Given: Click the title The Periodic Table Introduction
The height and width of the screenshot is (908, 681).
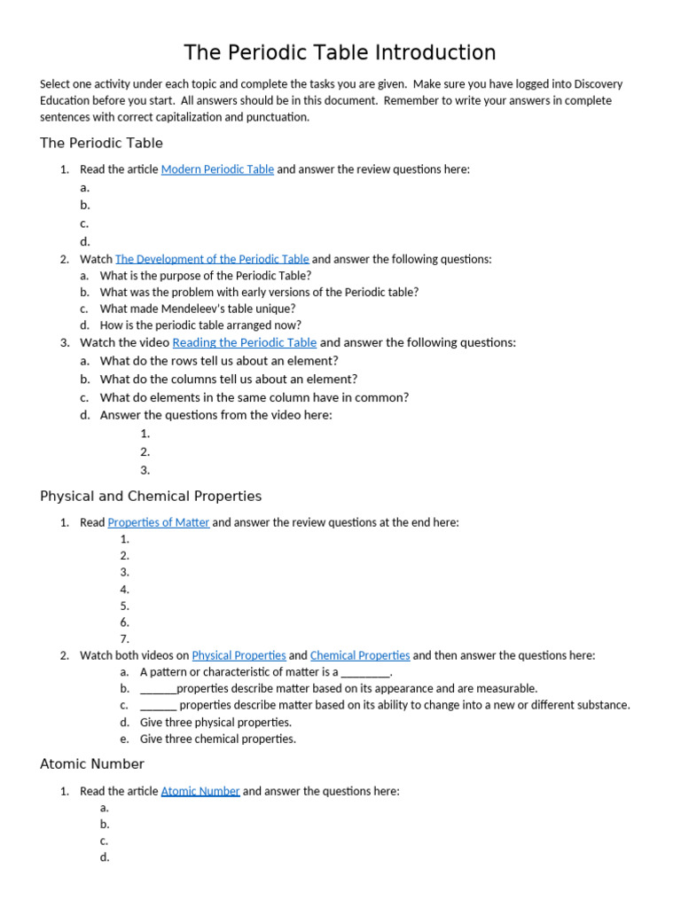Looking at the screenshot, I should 340,52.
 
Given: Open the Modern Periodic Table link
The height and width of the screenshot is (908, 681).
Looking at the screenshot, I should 217,169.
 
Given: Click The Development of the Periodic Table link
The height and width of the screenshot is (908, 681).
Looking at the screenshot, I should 212,259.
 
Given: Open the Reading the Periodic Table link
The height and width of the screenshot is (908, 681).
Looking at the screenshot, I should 244,342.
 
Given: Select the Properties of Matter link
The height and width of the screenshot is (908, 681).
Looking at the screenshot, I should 158,522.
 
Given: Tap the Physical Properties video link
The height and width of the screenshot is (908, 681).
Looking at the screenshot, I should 239,655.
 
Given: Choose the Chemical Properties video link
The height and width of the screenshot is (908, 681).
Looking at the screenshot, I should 360,655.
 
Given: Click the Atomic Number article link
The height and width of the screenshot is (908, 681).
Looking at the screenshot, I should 200,791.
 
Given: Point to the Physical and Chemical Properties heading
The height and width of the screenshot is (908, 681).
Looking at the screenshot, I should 151,497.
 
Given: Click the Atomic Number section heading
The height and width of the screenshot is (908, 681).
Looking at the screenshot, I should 92,764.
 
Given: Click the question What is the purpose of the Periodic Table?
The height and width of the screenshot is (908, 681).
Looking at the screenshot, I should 205,276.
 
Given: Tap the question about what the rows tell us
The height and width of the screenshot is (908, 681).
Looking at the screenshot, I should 218,361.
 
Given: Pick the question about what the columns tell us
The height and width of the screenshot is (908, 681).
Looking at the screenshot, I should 229,379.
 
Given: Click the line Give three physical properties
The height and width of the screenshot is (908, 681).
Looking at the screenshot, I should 215,722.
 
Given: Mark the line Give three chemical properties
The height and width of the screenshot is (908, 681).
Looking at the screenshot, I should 217,739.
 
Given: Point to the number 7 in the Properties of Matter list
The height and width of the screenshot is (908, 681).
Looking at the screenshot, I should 125,638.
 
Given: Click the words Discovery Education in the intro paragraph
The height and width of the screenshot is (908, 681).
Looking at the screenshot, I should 585,84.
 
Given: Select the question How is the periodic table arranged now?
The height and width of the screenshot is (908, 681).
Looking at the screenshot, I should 200,325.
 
